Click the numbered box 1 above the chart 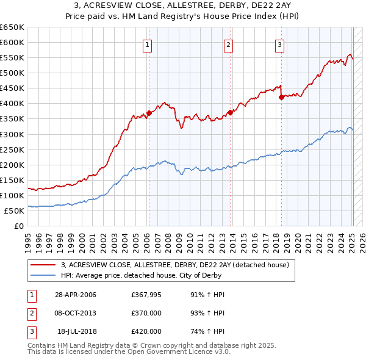click(x=148, y=44)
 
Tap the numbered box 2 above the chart click(x=228, y=44)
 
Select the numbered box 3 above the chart click(x=279, y=44)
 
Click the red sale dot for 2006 click(x=149, y=113)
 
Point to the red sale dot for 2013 click(x=230, y=112)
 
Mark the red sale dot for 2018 click(x=281, y=97)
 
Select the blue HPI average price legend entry click(x=141, y=275)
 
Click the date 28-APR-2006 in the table click(x=76, y=295)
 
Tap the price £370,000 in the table click(x=146, y=313)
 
